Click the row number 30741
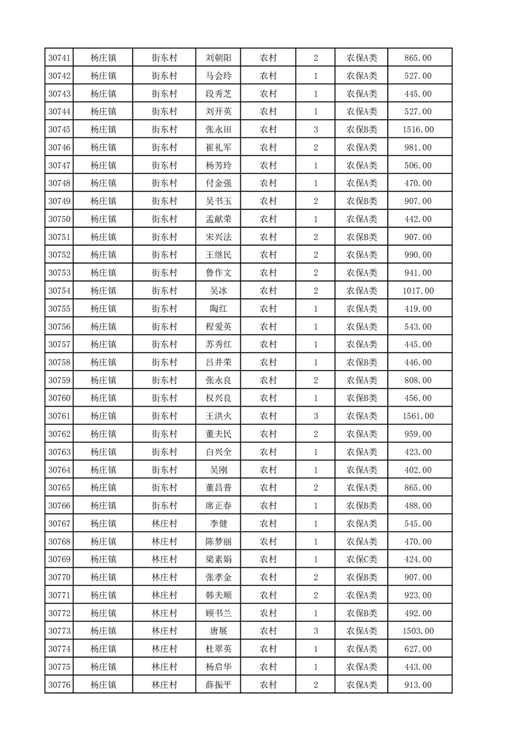pyautogui.click(x=60, y=58)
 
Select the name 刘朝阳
pyautogui.click(x=219, y=58)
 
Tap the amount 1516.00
pyautogui.click(x=418, y=129)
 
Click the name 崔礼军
pyautogui.click(x=219, y=147)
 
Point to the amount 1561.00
pyautogui.click(x=418, y=416)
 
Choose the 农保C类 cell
pyautogui.click(x=362, y=559)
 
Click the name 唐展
pyautogui.click(x=219, y=631)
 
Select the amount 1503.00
pyautogui.click(x=418, y=631)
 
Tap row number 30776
pyautogui.click(x=60, y=685)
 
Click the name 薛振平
pyautogui.click(x=219, y=685)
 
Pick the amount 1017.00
pyautogui.click(x=418, y=291)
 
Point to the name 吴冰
pyautogui.click(x=219, y=291)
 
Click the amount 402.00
pyautogui.click(x=418, y=470)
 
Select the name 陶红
pyautogui.click(x=219, y=309)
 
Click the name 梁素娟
pyautogui.click(x=219, y=559)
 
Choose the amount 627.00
pyautogui.click(x=418, y=649)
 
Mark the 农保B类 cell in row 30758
pyautogui.click(x=362, y=362)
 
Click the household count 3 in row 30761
pyautogui.click(x=315, y=416)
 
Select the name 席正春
pyautogui.click(x=219, y=505)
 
